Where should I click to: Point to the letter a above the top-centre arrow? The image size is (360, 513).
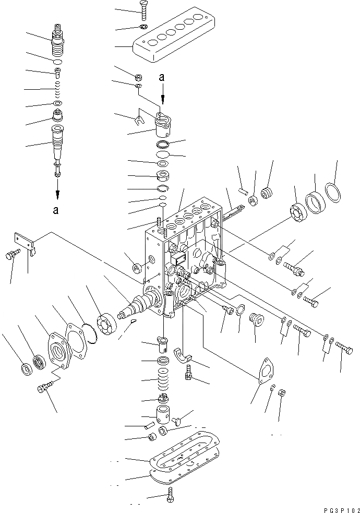(x=162, y=77)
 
